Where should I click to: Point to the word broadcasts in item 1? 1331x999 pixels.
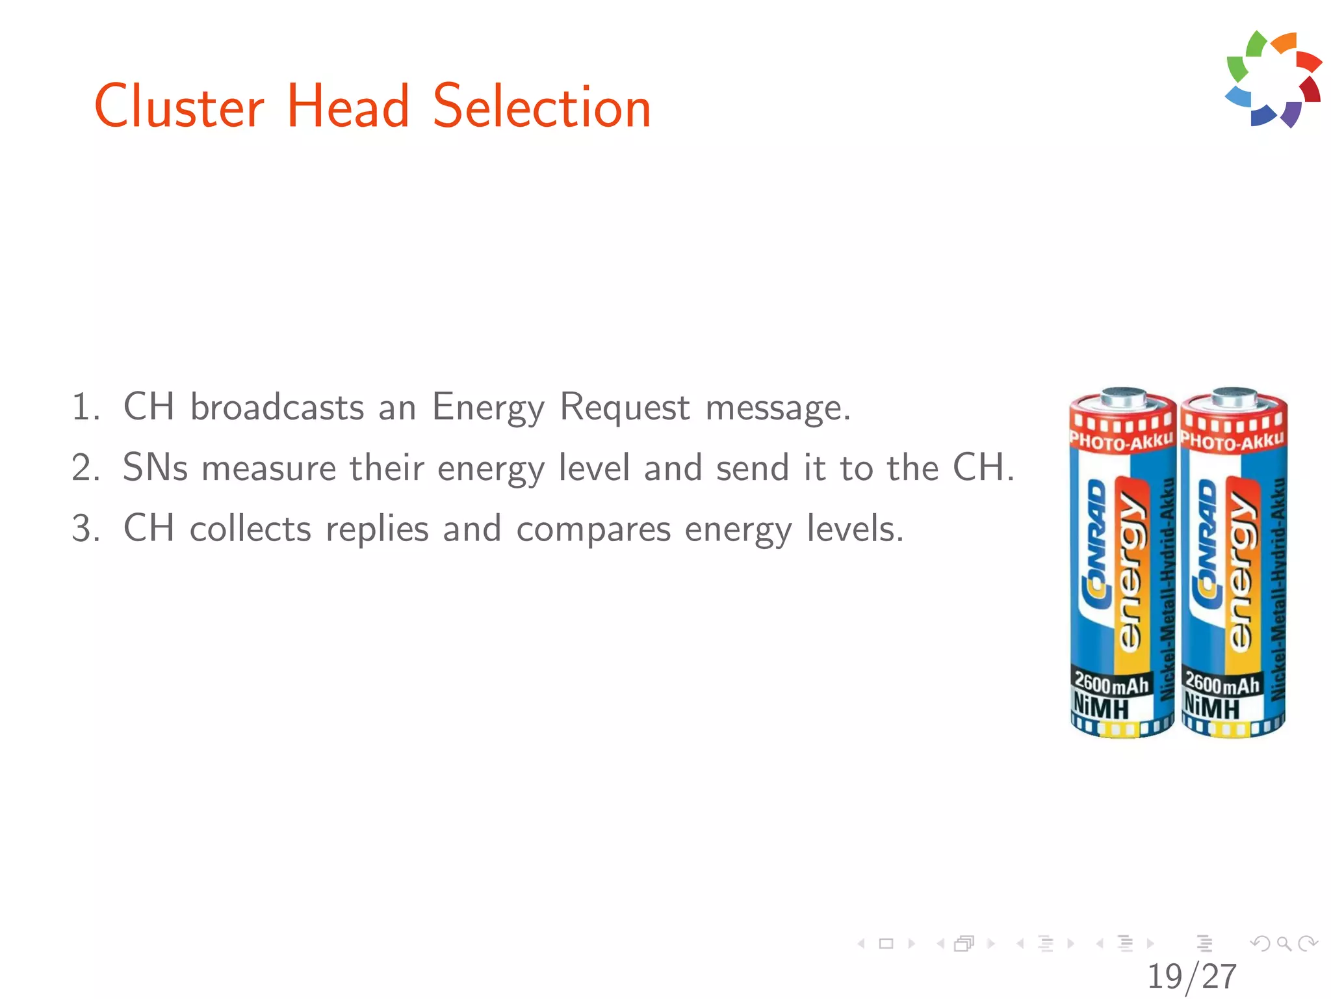click(x=277, y=408)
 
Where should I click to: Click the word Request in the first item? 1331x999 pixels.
click(x=624, y=408)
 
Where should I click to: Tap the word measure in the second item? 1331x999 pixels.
click(x=268, y=469)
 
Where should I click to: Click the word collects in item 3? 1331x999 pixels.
click(x=250, y=528)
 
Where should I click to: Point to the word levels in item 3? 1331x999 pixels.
click(x=855, y=528)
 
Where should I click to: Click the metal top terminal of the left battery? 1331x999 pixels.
click(x=1123, y=396)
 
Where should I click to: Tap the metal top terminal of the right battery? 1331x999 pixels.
click(x=1234, y=396)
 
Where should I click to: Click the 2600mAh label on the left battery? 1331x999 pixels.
click(x=1111, y=683)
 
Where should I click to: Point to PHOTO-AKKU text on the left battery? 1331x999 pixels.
click(x=1121, y=442)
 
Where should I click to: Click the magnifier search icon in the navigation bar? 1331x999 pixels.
click(x=1284, y=943)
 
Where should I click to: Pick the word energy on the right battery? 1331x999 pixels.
click(x=1241, y=566)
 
